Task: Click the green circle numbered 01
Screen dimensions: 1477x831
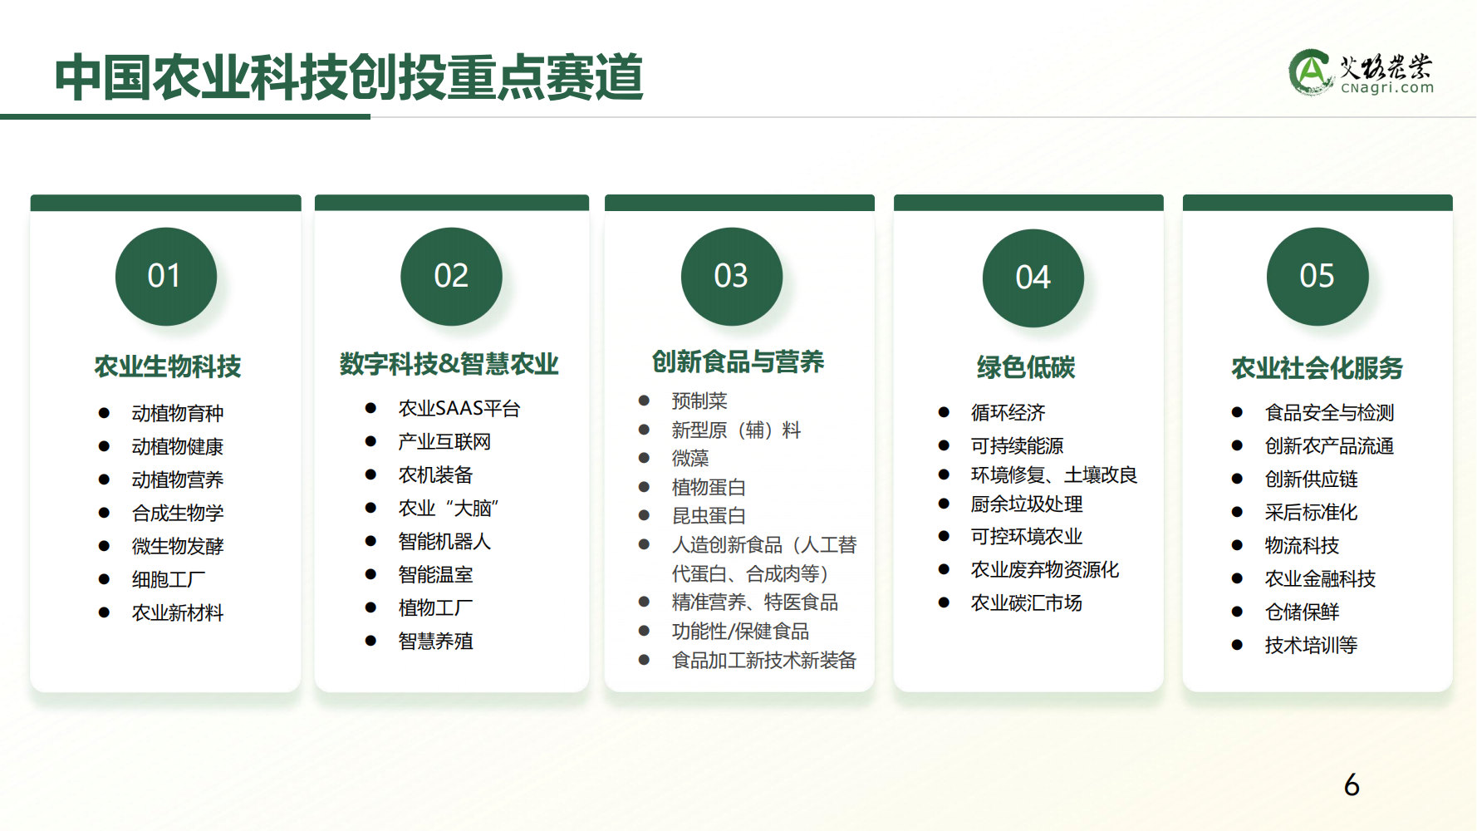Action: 166,277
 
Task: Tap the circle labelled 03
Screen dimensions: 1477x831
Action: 732,277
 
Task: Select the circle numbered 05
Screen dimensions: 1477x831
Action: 1318,277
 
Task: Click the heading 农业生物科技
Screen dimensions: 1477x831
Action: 168,366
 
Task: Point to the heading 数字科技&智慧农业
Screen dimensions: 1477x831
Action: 449,363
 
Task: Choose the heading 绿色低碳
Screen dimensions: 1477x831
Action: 1026,367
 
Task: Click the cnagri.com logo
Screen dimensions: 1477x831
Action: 1362,72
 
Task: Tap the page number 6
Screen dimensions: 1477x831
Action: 1352,785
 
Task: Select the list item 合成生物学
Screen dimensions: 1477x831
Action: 178,513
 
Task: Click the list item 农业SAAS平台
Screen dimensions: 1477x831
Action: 459,408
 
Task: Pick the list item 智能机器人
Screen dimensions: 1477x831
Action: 444,541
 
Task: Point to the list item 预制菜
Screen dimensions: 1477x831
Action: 699,401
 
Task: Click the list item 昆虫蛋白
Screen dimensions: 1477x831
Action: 709,515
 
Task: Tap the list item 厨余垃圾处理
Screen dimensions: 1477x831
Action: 1027,504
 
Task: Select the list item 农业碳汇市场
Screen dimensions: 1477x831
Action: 1027,602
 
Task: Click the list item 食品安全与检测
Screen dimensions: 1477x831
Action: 1329,412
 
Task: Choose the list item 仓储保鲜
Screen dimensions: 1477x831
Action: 1302,612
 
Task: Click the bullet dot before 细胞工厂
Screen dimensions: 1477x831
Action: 104,579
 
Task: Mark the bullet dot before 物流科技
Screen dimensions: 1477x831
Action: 1237,545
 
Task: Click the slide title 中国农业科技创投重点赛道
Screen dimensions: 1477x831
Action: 349,77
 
